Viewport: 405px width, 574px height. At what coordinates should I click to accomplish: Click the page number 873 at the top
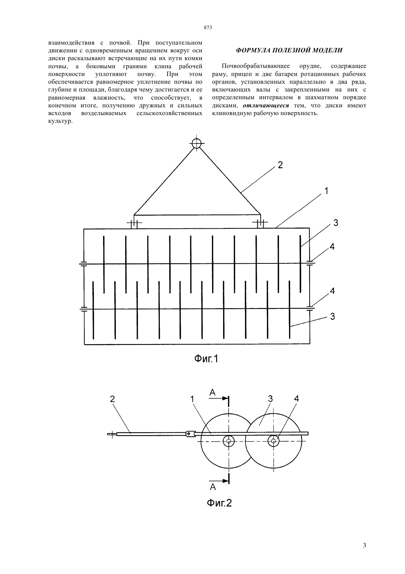tap(208, 28)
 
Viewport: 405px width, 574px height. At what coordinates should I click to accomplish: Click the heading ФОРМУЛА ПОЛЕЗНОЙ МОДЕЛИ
tap(289, 50)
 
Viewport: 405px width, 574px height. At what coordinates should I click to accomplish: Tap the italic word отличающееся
tap(266, 106)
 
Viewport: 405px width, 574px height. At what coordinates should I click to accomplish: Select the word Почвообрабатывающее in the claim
tap(256, 66)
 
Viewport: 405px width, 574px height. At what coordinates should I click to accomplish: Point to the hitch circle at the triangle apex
tap(196, 143)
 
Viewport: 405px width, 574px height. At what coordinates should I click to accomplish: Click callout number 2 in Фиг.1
tap(280, 165)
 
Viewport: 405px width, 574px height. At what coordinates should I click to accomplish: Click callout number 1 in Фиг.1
tap(326, 191)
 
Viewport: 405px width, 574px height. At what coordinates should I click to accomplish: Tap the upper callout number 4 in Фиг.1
tap(332, 247)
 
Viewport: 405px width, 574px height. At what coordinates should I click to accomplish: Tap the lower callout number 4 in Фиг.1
tap(332, 291)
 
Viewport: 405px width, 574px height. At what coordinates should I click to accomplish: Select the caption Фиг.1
tap(206, 359)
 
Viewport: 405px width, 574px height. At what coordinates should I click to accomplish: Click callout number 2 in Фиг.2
tap(112, 399)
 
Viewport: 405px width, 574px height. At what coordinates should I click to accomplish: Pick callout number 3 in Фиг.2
tap(270, 398)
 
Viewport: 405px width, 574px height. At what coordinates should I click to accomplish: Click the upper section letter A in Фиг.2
tap(212, 392)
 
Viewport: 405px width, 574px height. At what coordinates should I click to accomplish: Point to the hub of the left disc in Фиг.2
tap(229, 441)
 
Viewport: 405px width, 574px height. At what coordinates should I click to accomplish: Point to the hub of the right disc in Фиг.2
tap(273, 441)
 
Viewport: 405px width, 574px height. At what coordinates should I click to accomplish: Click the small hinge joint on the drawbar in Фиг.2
tap(190, 433)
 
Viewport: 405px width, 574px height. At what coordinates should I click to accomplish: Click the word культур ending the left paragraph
tap(60, 121)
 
